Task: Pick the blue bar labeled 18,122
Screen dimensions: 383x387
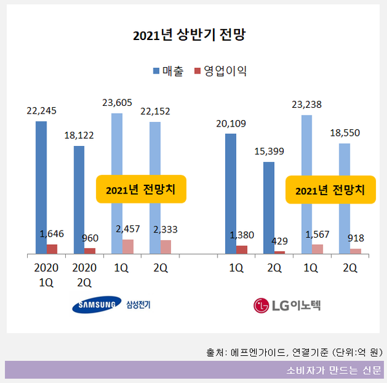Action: coord(79,200)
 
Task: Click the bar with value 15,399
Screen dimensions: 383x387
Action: coord(268,207)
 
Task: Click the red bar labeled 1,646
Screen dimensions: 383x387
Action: coord(52,249)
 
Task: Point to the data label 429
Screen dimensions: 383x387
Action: coord(279,241)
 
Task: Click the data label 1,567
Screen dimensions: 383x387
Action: coord(317,234)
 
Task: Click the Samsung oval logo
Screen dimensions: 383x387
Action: coord(96,305)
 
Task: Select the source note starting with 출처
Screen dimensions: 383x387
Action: coord(295,353)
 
